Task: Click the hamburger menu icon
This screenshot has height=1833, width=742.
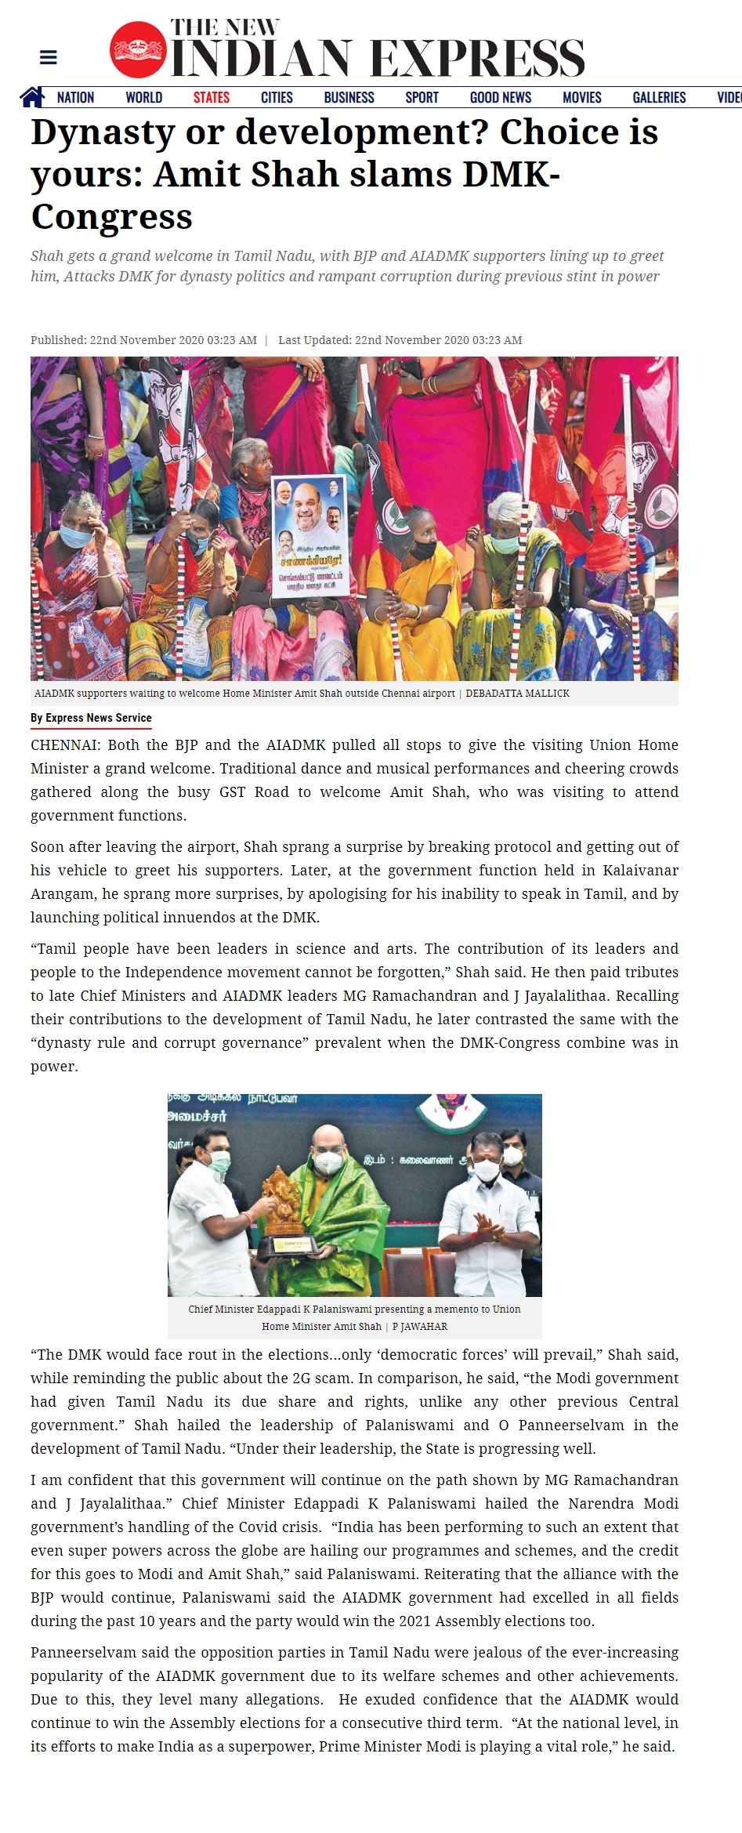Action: click(x=48, y=57)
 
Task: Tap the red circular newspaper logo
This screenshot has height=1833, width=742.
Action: click(x=138, y=50)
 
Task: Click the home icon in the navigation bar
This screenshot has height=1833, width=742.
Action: click(x=32, y=97)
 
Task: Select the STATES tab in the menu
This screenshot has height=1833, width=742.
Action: click(x=212, y=98)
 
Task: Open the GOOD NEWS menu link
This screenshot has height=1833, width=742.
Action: click(x=500, y=98)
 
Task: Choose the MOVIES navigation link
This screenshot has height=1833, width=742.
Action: click(x=581, y=98)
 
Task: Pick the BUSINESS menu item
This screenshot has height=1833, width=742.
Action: click(x=349, y=98)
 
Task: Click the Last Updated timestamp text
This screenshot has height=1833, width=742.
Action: click(x=400, y=340)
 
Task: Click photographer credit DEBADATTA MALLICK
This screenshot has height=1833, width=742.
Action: click(x=517, y=694)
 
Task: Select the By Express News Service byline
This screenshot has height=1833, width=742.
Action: click(x=91, y=718)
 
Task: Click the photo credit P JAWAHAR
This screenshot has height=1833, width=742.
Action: click(x=420, y=1327)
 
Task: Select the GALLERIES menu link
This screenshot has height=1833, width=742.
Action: click(x=659, y=98)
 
